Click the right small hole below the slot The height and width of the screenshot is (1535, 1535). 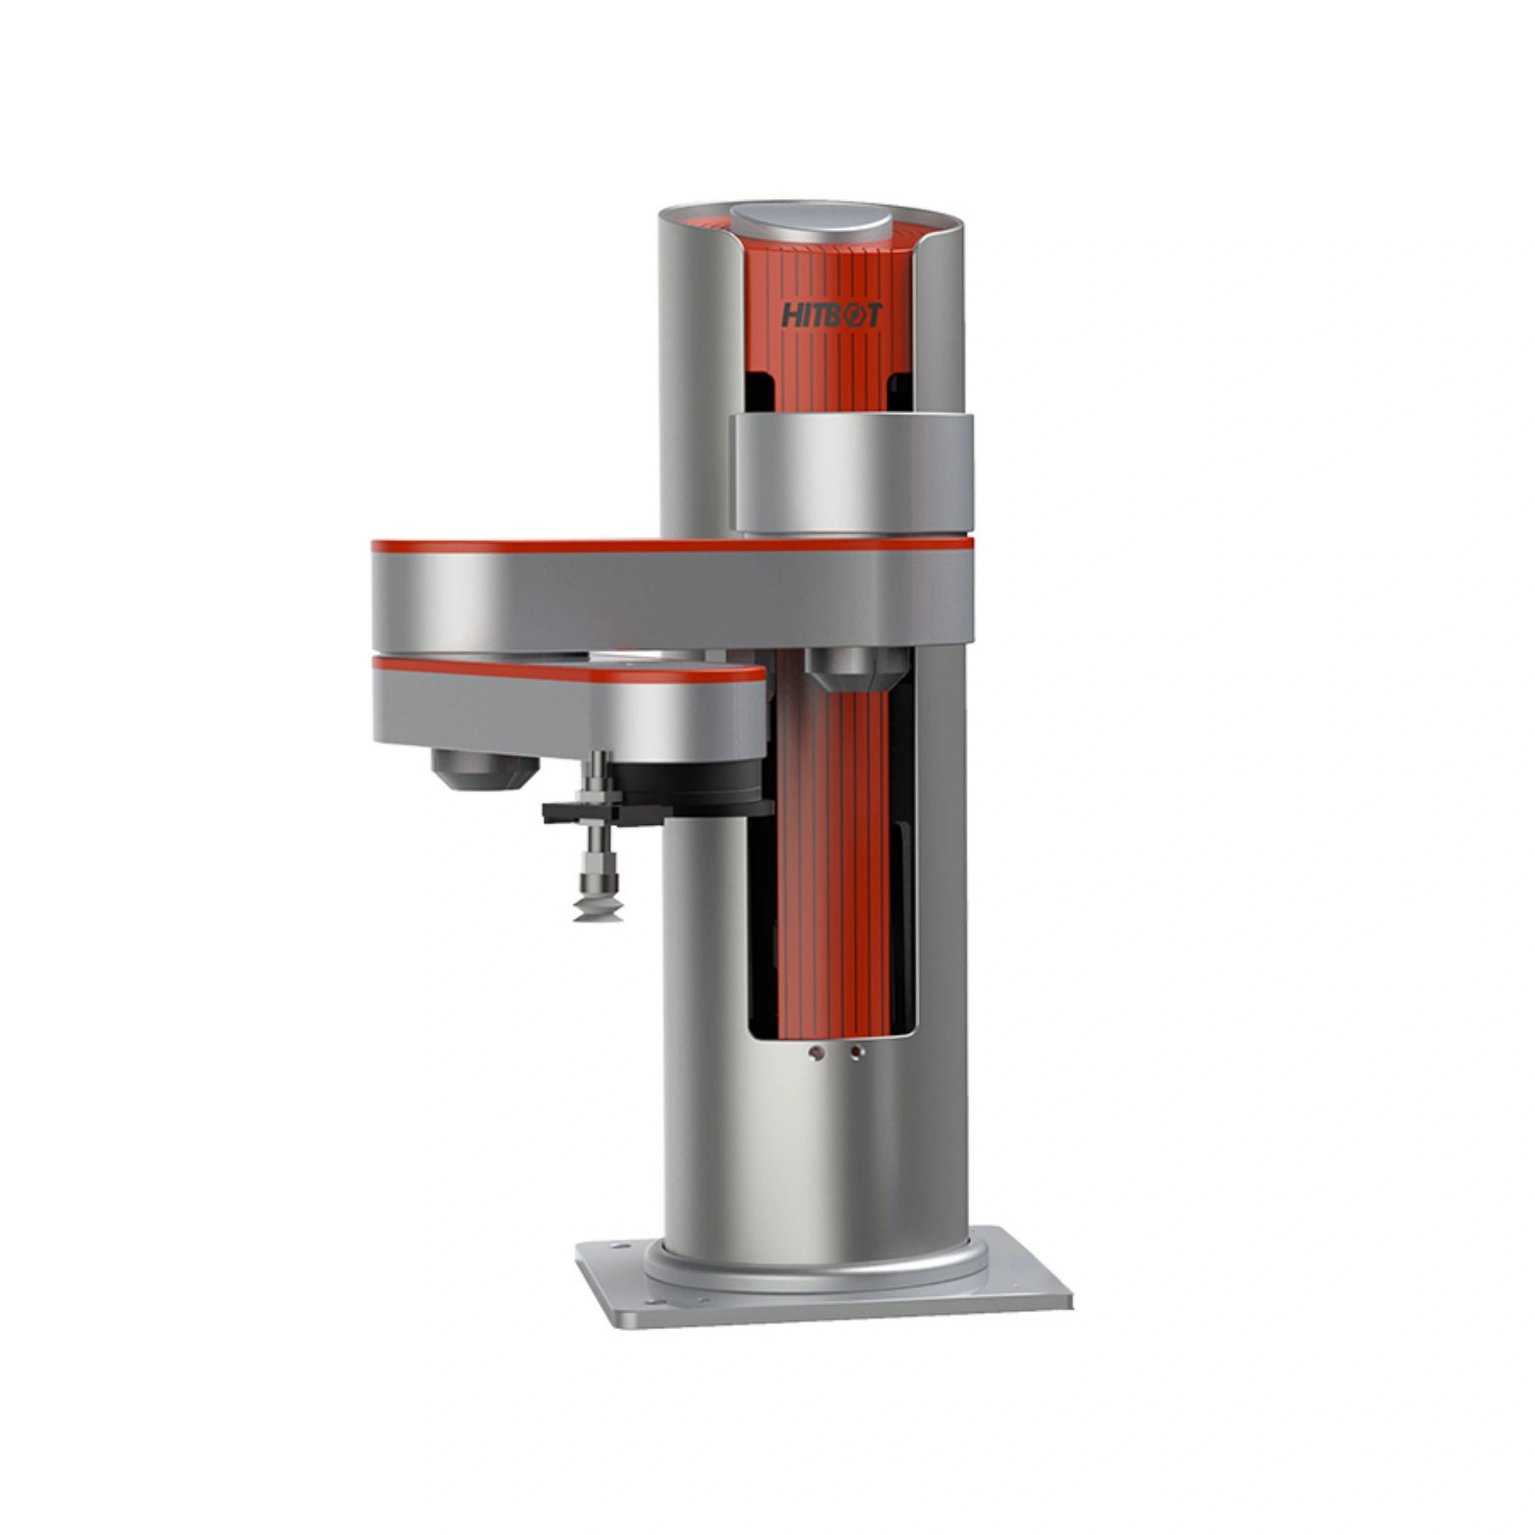[x=856, y=1053]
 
